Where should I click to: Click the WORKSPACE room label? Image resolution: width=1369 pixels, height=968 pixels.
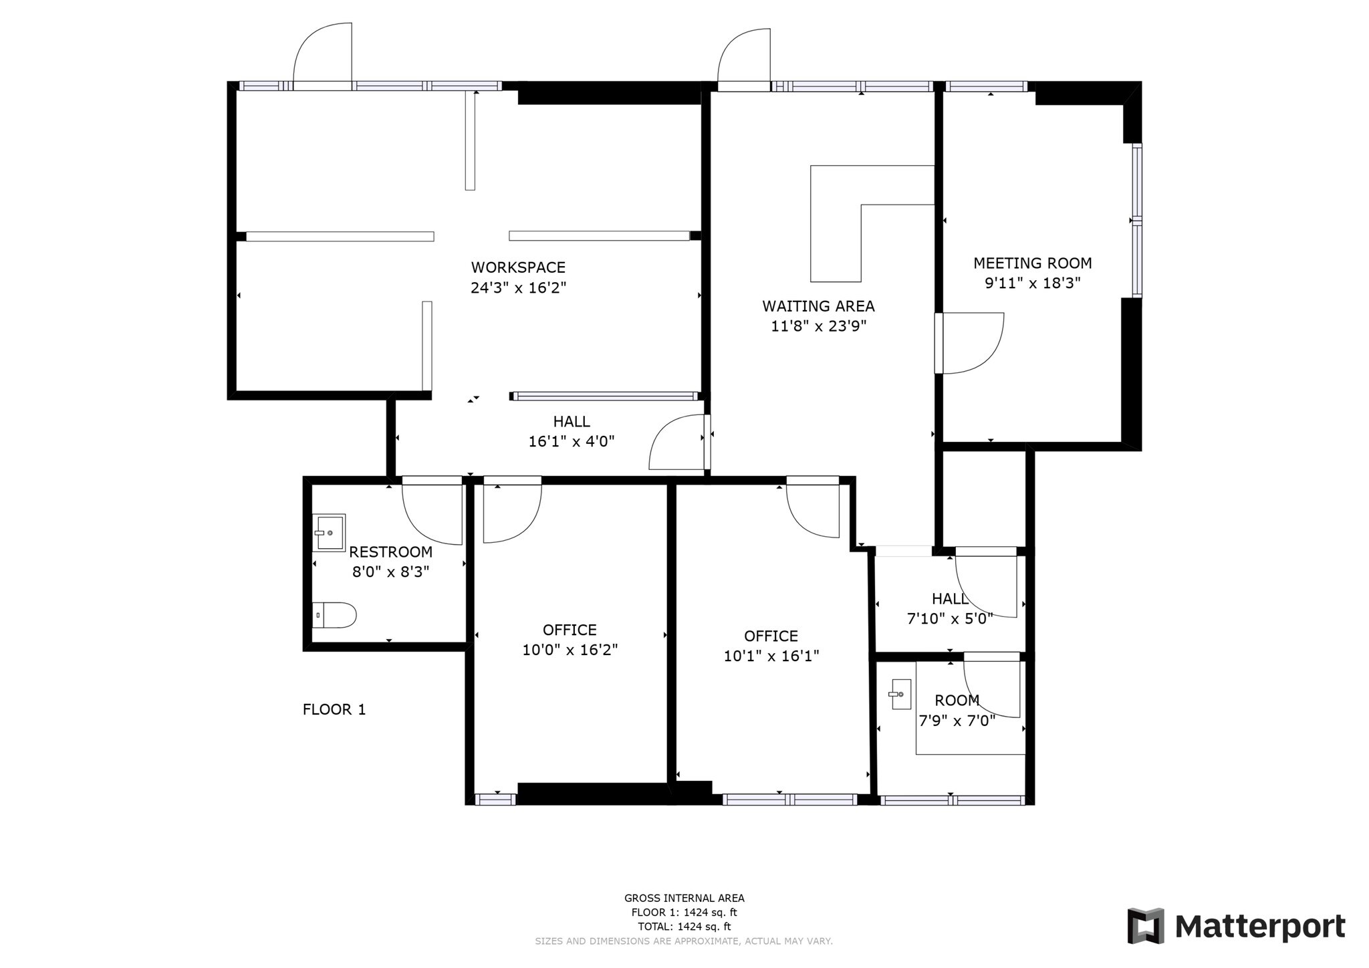pyautogui.click(x=518, y=267)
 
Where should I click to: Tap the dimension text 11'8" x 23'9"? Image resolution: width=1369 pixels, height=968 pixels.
pyautogui.click(x=818, y=326)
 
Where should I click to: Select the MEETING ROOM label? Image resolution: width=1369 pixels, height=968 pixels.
pyautogui.click(x=1032, y=263)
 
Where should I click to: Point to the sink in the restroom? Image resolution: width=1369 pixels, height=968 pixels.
pyautogui.click(x=329, y=532)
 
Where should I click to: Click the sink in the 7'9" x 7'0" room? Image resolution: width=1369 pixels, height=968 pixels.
pyautogui.click(x=900, y=694)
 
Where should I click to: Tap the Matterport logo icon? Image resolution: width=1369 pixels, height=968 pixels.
pyautogui.click(x=1146, y=926)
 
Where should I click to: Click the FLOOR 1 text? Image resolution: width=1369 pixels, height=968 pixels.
pyautogui.click(x=334, y=709)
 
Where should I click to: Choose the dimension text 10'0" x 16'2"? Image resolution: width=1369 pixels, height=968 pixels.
pyautogui.click(x=570, y=650)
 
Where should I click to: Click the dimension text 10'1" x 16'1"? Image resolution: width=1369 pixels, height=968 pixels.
pyautogui.click(x=771, y=656)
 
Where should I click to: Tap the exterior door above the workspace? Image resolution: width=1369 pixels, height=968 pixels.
pyautogui.click(x=323, y=57)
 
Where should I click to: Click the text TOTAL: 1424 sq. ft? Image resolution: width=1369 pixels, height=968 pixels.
pyautogui.click(x=684, y=927)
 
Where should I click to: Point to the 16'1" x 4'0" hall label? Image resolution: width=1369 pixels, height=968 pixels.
pyautogui.click(x=571, y=422)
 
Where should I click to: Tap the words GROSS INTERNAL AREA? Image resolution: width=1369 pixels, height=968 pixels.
pyautogui.click(x=684, y=898)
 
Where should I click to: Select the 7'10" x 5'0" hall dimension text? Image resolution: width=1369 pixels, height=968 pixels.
pyautogui.click(x=949, y=618)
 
